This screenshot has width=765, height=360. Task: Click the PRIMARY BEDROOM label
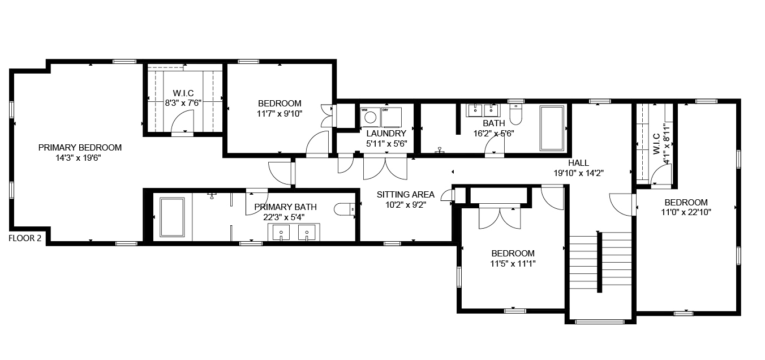pyautogui.click(x=80, y=148)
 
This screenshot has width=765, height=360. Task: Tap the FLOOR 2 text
pyautogui.click(x=25, y=238)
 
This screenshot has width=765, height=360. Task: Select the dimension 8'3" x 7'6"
pyautogui.click(x=183, y=103)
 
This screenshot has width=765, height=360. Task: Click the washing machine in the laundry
pyautogui.click(x=370, y=117)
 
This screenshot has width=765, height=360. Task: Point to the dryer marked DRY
pyautogui.click(x=392, y=117)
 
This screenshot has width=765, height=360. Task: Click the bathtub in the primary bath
pyautogui.click(x=173, y=217)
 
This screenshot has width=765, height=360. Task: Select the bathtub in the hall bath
pyautogui.click(x=552, y=128)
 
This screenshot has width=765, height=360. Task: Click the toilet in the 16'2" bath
pyautogui.click(x=515, y=114)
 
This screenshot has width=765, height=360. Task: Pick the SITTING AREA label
pyautogui.click(x=405, y=195)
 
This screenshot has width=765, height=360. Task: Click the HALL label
pyautogui.click(x=578, y=163)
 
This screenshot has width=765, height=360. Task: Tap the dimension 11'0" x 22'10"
pyautogui.click(x=686, y=212)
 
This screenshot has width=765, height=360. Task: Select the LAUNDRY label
pyautogui.click(x=386, y=133)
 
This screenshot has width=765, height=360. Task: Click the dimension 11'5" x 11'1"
pyautogui.click(x=513, y=264)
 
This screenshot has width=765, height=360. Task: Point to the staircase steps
pyautogui.click(x=600, y=261)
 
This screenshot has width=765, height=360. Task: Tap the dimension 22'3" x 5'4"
pyautogui.click(x=284, y=217)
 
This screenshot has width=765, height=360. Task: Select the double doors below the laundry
pyautogui.click(x=385, y=167)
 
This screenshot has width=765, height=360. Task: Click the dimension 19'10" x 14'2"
pyautogui.click(x=578, y=173)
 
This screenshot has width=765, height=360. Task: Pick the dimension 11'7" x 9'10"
pyautogui.click(x=280, y=114)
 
